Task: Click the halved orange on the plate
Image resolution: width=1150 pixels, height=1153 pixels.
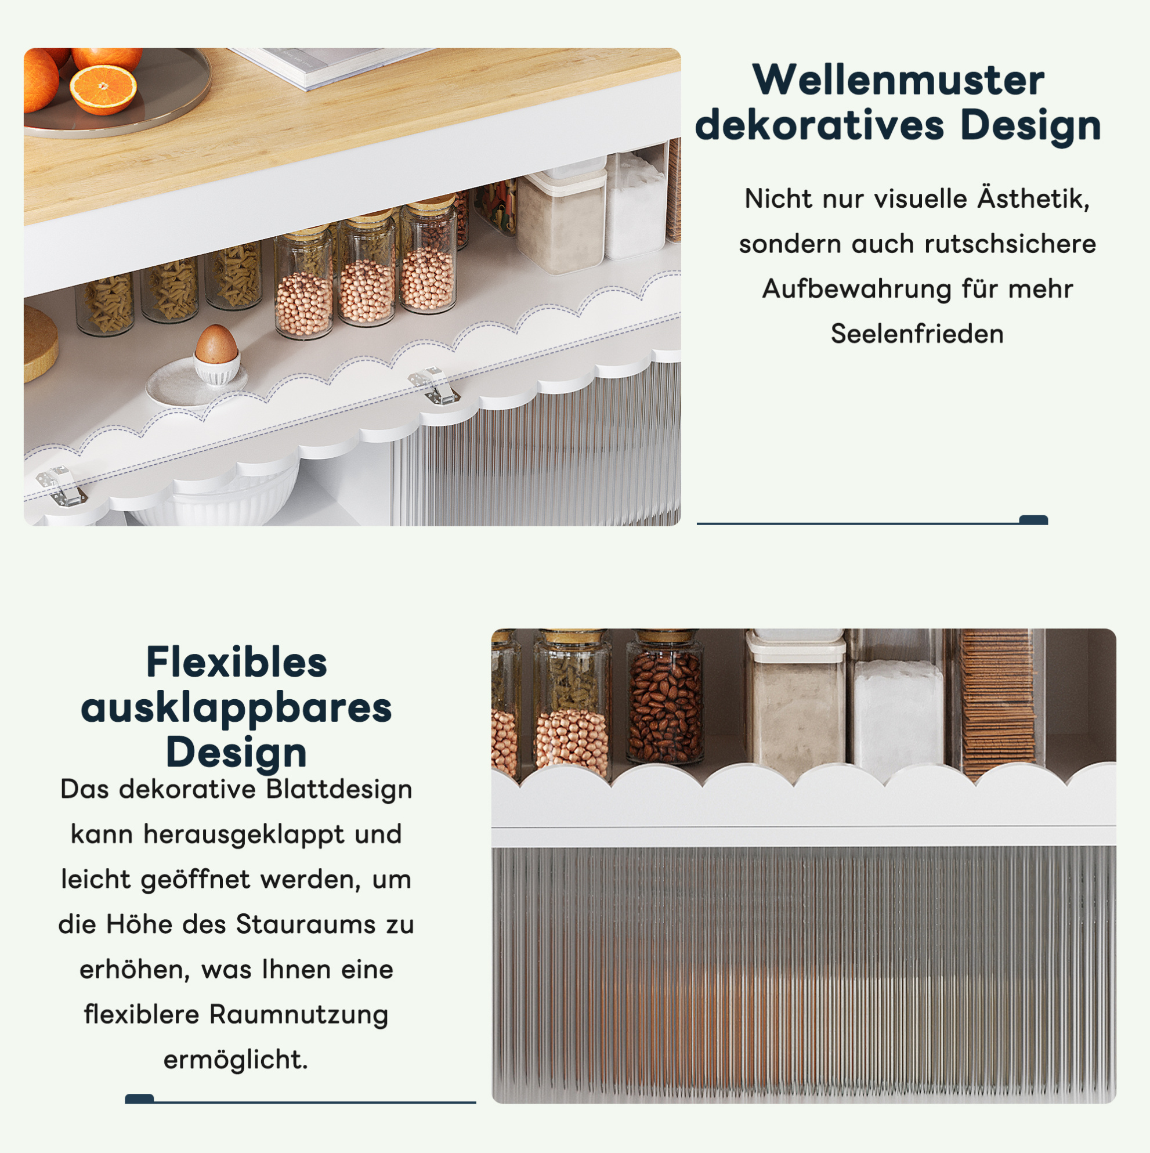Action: (x=103, y=89)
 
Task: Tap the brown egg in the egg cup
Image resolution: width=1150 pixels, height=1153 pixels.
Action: (x=215, y=344)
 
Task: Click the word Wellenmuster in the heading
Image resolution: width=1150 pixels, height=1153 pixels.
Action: (x=898, y=79)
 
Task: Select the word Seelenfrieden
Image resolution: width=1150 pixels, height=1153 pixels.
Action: (x=917, y=334)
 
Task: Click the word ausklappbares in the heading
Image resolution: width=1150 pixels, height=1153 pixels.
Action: (x=236, y=709)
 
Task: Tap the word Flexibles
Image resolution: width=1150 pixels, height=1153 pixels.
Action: (x=236, y=663)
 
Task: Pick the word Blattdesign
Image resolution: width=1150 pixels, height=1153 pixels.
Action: (x=339, y=790)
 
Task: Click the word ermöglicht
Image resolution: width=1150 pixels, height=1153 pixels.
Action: (x=236, y=1060)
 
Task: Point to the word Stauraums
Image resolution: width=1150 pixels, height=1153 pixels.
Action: (x=306, y=924)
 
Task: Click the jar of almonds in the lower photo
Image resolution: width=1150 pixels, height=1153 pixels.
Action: (x=665, y=698)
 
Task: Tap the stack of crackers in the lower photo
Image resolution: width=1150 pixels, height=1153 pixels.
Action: (x=998, y=704)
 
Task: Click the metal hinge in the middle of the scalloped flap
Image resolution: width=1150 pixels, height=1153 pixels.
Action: (x=434, y=386)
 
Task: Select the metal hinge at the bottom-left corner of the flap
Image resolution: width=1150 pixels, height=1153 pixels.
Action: (x=61, y=486)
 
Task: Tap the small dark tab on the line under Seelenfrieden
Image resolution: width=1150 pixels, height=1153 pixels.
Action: (x=1033, y=520)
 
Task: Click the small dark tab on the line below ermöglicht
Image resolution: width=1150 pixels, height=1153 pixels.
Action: (x=139, y=1098)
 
